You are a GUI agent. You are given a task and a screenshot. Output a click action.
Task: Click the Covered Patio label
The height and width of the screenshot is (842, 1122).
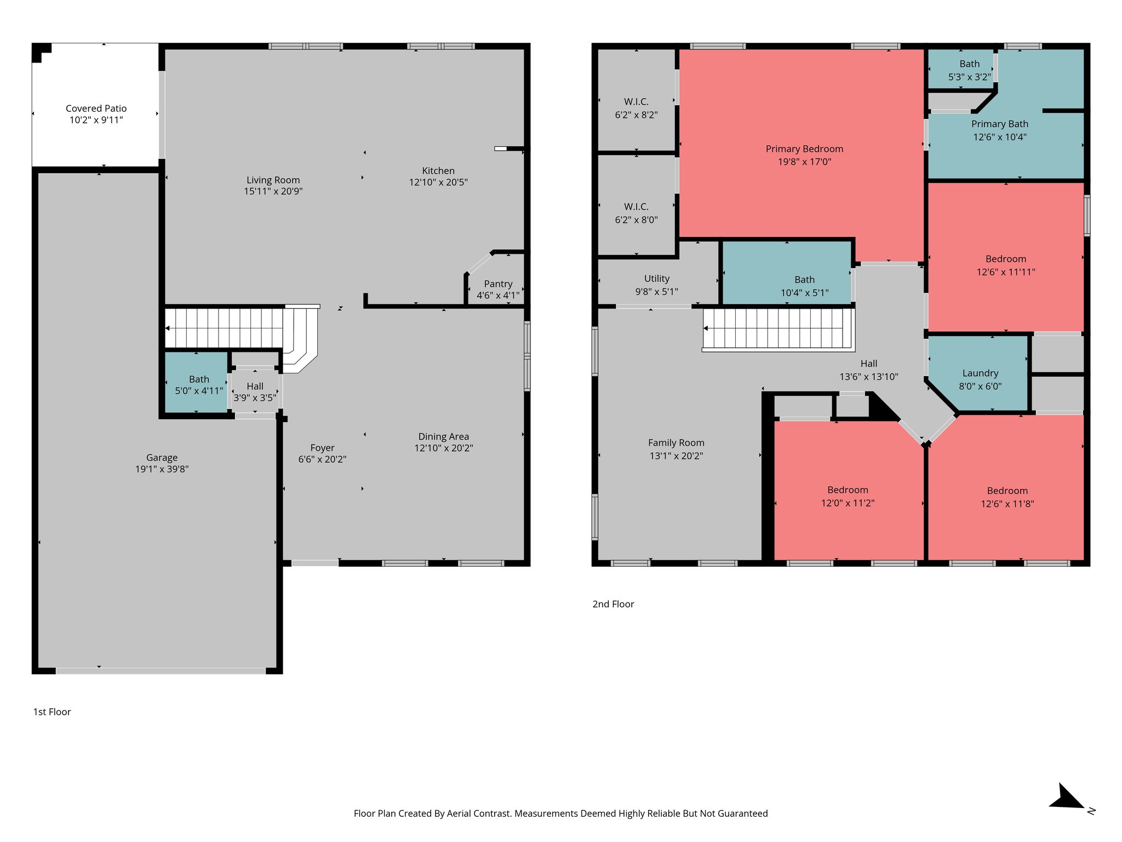(96, 109)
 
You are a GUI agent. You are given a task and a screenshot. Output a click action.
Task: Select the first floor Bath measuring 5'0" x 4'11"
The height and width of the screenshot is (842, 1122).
(198, 384)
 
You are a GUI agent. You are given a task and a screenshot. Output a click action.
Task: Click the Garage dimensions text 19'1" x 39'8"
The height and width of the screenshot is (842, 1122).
(162, 469)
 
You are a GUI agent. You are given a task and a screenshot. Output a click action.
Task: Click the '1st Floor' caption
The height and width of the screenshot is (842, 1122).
(52, 712)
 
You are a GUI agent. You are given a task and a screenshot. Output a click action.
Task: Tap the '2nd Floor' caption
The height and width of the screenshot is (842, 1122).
(613, 604)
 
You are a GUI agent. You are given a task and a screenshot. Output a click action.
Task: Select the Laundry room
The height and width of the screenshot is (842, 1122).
(980, 379)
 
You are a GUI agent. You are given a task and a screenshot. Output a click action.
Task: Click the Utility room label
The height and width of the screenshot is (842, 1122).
(656, 278)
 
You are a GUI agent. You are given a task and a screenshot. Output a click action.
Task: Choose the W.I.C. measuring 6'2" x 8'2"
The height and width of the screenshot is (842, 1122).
(636, 108)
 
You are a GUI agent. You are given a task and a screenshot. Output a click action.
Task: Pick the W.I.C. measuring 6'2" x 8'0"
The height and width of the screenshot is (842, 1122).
(636, 213)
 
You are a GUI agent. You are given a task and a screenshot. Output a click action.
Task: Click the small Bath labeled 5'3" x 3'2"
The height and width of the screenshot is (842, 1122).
(969, 70)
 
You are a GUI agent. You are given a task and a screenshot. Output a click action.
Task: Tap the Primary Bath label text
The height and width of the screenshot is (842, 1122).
(999, 124)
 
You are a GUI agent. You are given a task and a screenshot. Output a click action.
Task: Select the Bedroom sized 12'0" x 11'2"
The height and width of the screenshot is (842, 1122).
(847, 496)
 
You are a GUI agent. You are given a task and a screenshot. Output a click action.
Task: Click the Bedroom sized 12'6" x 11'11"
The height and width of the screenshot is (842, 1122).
(1005, 265)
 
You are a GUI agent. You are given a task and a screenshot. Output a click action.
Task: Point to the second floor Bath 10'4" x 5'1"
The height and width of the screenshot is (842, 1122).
(804, 286)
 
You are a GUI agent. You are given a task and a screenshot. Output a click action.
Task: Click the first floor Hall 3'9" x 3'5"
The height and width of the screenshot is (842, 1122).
(255, 392)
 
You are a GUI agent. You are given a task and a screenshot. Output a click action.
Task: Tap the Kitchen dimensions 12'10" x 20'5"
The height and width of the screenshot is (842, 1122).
(438, 183)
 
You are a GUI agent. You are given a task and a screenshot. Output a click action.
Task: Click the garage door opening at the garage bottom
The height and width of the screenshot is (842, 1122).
(160, 670)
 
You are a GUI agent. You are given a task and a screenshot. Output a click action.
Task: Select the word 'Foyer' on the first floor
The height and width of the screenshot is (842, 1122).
(322, 448)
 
